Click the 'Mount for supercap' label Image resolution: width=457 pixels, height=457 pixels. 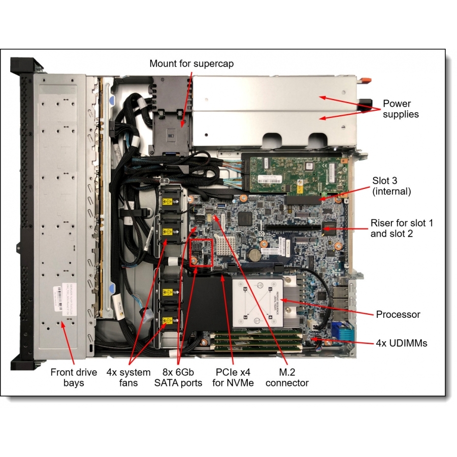click(x=191, y=64)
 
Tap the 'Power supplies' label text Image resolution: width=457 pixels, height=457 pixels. click(x=401, y=109)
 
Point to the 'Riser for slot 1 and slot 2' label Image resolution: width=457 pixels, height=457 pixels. click(x=402, y=228)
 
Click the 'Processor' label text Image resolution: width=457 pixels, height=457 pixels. click(x=398, y=315)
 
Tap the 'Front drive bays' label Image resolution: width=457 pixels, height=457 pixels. click(x=73, y=378)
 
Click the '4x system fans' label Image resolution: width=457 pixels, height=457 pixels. click(x=128, y=378)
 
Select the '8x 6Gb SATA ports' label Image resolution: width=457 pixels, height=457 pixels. click(x=178, y=378)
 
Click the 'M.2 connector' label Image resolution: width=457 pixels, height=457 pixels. click(x=287, y=378)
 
